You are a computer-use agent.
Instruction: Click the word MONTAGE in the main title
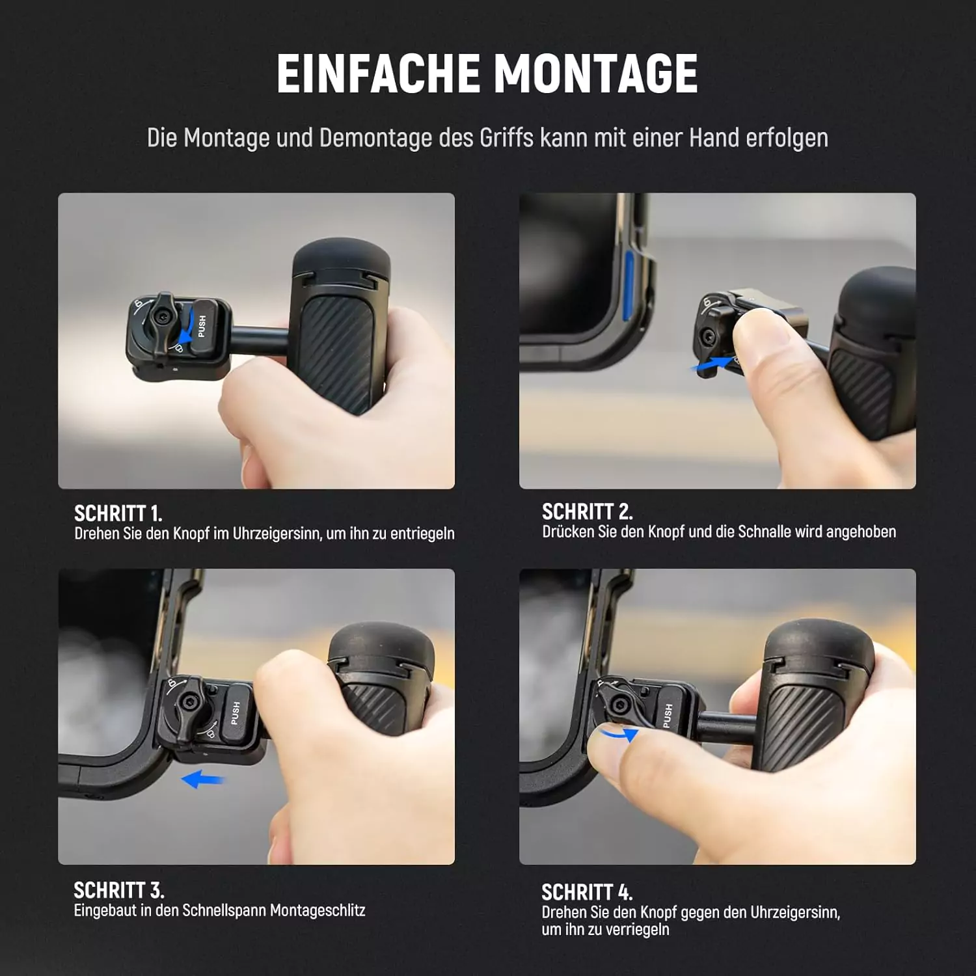coord(596,73)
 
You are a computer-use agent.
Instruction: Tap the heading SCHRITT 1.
coord(118,513)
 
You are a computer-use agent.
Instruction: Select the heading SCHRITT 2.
coord(587,511)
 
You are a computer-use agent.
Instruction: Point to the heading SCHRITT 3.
coord(118,889)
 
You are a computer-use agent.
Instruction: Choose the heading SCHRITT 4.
coord(587,891)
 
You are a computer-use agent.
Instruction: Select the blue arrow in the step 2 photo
coord(712,365)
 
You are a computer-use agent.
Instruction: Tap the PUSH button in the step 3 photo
coord(237,713)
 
